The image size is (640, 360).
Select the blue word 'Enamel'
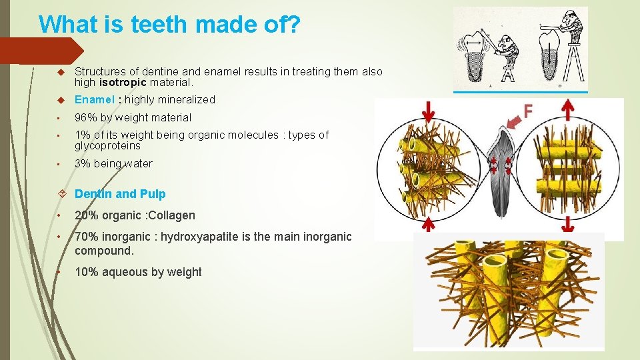93,100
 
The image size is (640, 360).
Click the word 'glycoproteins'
107,146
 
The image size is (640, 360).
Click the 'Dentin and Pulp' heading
120,194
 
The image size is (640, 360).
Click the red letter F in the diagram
529,111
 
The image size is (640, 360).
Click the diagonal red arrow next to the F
512,121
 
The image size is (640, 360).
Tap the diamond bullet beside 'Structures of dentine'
60,71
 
